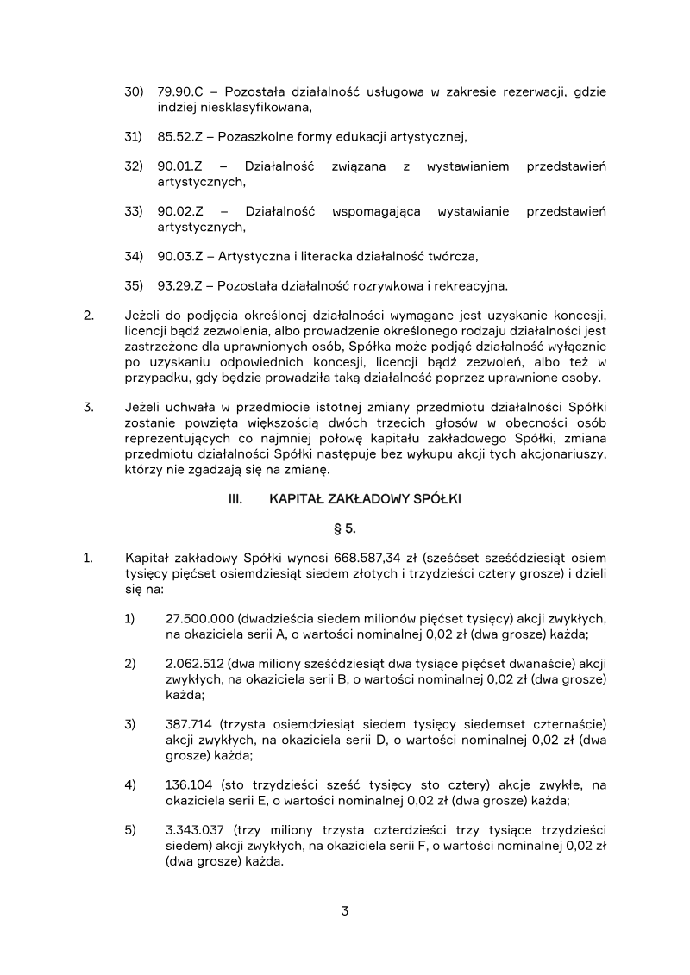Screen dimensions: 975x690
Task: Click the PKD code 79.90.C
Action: [x=179, y=92]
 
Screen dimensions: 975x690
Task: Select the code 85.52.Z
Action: [x=179, y=136]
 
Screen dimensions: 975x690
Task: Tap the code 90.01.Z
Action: [x=179, y=166]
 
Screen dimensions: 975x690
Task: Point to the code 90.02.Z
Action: [x=179, y=211]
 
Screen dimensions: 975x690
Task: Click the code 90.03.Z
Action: [x=179, y=256]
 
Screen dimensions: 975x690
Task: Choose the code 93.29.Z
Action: [x=179, y=285]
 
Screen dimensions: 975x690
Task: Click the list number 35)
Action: [x=133, y=285]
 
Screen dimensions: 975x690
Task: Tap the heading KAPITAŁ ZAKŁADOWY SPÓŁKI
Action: [x=365, y=499]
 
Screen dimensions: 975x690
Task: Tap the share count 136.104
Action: [x=188, y=784]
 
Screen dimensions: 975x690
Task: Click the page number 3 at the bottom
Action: [x=345, y=910]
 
